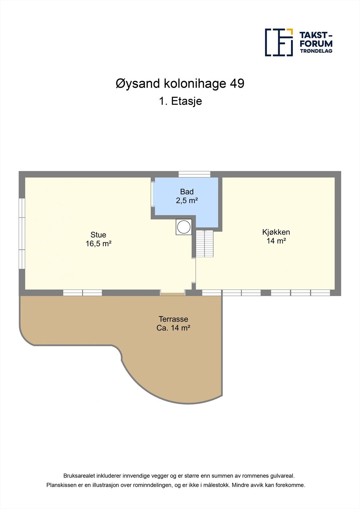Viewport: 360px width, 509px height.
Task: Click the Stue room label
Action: pyautogui.click(x=98, y=235)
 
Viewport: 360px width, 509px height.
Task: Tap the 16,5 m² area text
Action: pyautogui.click(x=98, y=244)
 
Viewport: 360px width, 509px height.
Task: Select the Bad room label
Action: pyautogui.click(x=187, y=192)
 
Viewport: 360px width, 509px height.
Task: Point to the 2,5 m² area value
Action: pyautogui.click(x=187, y=200)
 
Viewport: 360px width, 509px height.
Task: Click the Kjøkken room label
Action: pyautogui.click(x=276, y=232)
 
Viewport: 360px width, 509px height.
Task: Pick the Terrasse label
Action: pyautogui.click(x=173, y=319)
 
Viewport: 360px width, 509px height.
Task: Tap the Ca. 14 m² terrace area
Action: pyautogui.click(x=173, y=328)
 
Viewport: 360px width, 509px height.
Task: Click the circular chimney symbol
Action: pyautogui.click(x=184, y=227)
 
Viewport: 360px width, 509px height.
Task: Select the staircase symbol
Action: pyautogui.click(x=204, y=243)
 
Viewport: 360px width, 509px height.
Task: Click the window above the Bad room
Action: pyautogui.click(x=194, y=174)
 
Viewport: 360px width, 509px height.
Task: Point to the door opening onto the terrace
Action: pyautogui.click(x=173, y=293)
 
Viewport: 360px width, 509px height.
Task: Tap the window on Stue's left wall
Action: pyautogui.click(x=22, y=234)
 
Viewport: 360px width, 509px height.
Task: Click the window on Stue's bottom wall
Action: pyautogui.click(x=82, y=293)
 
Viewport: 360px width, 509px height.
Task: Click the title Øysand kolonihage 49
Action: pyautogui.click(x=180, y=84)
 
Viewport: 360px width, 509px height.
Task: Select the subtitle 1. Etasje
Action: pyautogui.click(x=180, y=101)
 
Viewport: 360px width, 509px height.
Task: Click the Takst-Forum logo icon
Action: pyautogui.click(x=279, y=42)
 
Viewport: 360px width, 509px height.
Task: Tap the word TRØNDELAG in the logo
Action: pyautogui.click(x=316, y=51)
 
